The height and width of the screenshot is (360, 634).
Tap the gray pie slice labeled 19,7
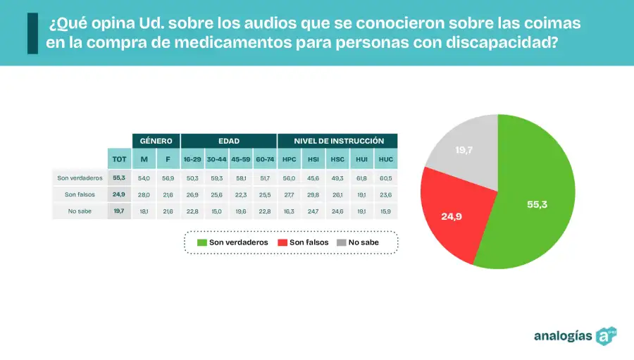pos(463,149)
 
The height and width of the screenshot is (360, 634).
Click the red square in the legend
pos(282,242)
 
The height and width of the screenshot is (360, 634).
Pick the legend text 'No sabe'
pos(363,242)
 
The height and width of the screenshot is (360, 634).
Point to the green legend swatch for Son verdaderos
pos(202,242)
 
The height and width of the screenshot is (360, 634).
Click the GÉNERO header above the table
pos(156,141)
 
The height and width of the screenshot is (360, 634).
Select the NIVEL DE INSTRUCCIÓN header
pos(338,141)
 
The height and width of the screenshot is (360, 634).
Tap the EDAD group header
pos(228,141)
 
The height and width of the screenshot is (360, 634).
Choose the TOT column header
pos(120,159)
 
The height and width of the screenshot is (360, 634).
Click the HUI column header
pos(361,159)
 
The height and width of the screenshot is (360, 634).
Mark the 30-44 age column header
pos(216,159)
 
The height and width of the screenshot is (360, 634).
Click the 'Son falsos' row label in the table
pos(80,194)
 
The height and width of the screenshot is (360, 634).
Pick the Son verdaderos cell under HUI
pos(361,178)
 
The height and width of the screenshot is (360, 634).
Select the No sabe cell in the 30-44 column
pos(216,211)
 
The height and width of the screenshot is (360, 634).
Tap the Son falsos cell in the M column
pos(144,194)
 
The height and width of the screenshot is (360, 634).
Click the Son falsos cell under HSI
pos(313,194)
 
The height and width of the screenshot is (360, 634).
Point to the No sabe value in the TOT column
pos(118,211)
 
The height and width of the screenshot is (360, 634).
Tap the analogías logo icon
pos(607,335)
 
